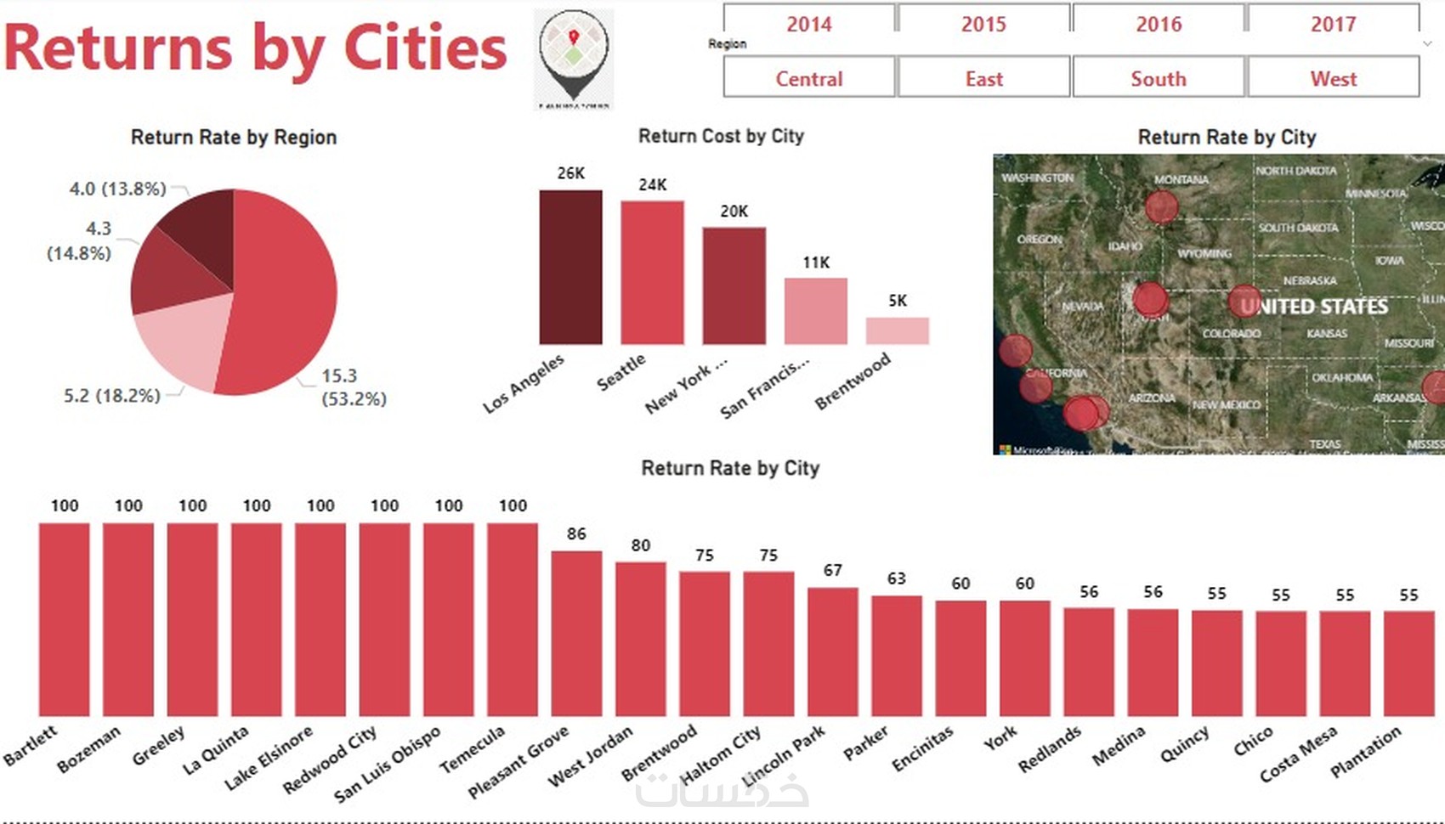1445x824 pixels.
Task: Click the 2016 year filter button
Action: point(1159,24)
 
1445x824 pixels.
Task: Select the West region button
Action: point(1333,78)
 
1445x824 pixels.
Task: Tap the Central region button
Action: point(809,78)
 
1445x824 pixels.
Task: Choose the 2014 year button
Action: point(809,24)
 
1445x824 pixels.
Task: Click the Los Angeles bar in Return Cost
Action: point(570,267)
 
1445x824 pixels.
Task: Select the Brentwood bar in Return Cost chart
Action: point(897,330)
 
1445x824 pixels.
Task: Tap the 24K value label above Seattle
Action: point(653,184)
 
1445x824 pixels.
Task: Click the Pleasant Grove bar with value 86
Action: point(576,633)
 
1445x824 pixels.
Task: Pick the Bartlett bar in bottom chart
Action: point(64,619)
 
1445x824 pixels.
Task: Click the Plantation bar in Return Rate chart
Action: point(1408,663)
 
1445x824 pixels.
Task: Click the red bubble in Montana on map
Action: point(1161,206)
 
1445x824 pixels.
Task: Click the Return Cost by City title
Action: point(721,136)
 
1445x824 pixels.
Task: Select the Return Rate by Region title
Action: point(234,137)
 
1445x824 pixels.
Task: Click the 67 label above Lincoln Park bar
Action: point(832,570)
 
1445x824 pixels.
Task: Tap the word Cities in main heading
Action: point(425,48)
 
